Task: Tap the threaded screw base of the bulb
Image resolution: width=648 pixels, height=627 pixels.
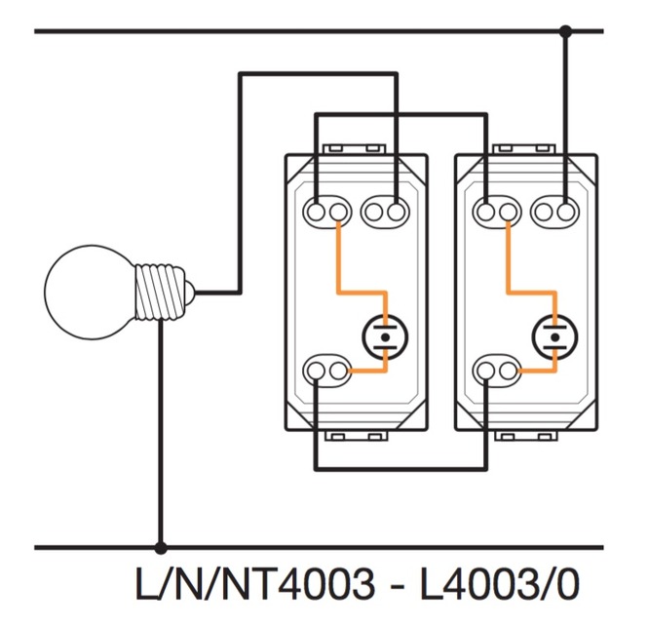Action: pos(159,290)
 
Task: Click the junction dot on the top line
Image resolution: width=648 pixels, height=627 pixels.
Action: pos(565,31)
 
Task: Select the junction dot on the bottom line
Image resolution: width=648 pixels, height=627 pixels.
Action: pos(160,548)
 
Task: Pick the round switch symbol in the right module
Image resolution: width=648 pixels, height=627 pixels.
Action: pos(554,336)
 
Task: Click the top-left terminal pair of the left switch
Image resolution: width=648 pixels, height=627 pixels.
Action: pos(327,211)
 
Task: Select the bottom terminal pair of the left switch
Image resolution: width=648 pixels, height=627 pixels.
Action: pos(327,370)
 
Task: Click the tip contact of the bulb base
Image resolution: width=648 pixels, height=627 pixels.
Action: pos(191,290)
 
